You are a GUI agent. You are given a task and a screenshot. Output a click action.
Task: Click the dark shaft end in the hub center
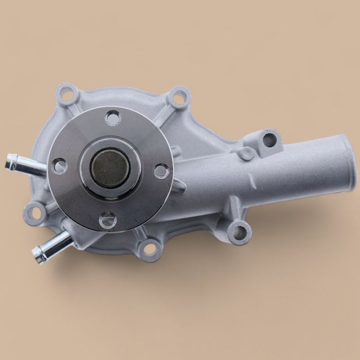(x=109, y=167)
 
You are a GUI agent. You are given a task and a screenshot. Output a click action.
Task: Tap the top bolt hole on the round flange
(x=113, y=118)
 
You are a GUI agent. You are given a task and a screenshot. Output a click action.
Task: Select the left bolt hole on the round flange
(x=60, y=166)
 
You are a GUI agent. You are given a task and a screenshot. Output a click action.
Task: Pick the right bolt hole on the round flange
(x=161, y=171)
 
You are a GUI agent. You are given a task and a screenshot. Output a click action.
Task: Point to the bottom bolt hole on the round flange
(x=106, y=220)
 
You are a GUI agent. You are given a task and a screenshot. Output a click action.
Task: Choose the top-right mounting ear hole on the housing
(x=179, y=97)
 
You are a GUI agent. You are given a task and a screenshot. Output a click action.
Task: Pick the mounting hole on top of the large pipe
(x=268, y=138)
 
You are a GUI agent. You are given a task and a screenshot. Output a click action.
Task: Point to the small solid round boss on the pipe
(x=246, y=153)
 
